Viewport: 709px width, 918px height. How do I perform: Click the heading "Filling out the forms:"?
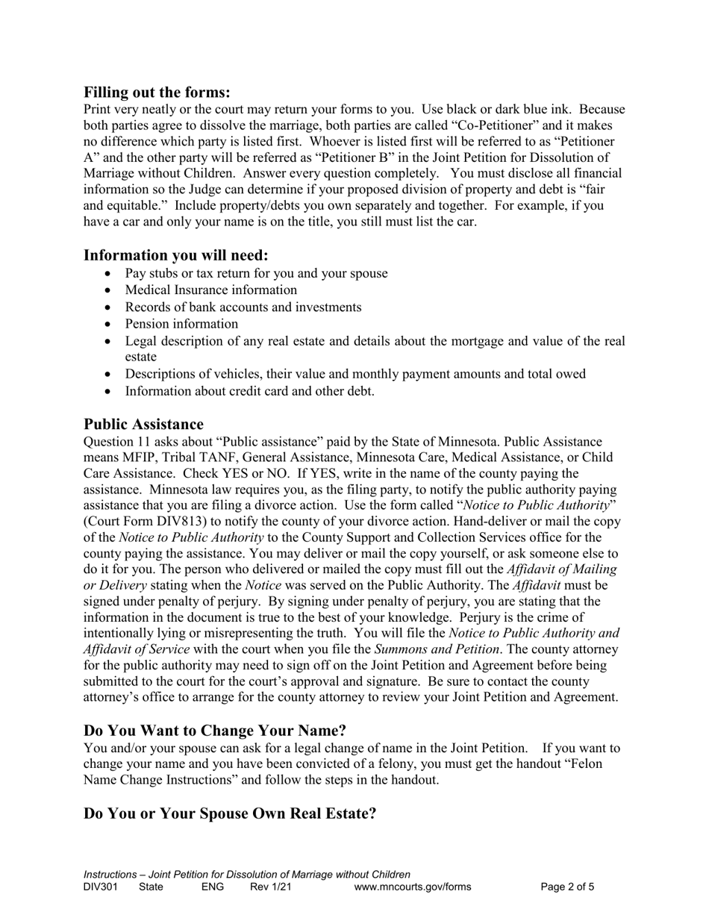157,93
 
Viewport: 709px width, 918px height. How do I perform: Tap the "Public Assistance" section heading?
143,425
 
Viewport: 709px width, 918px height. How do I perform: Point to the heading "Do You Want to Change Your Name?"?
215,730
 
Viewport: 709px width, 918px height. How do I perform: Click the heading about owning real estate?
230,813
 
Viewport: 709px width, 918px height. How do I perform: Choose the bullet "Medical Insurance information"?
210,290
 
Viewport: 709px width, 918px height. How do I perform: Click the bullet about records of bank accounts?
243,307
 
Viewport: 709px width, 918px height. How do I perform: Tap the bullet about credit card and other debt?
249,390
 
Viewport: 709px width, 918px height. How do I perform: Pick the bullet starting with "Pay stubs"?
256,273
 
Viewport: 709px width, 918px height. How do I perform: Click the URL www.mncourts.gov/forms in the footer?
413,887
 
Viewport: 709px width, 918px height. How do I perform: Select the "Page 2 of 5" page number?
567,887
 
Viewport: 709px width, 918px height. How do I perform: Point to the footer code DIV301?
100,887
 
